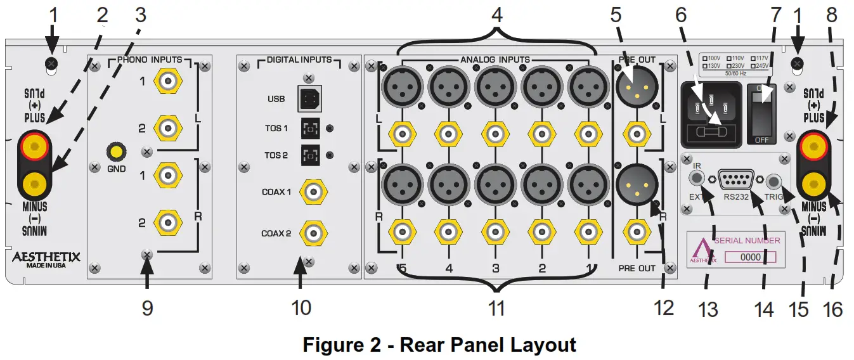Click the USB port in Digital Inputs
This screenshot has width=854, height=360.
point(309,98)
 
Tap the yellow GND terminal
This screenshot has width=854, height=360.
point(117,152)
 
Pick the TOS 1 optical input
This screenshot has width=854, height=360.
point(309,129)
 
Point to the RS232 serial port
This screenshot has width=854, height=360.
point(737,181)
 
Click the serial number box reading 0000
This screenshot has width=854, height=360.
point(750,257)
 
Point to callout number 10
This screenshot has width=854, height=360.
point(302,307)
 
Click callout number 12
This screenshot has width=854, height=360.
point(664,307)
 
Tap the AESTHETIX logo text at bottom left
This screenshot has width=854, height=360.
point(48,257)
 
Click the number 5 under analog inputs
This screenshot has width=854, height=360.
point(402,268)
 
